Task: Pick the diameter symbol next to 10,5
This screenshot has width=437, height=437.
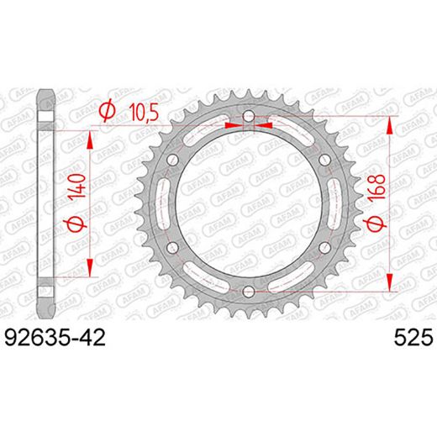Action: click(106, 111)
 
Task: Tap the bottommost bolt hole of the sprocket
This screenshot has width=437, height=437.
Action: click(248, 291)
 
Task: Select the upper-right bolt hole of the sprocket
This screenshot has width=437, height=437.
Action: click(324, 161)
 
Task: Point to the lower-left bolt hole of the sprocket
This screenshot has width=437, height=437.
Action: click(173, 248)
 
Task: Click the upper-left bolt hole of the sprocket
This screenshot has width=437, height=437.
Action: click(173, 161)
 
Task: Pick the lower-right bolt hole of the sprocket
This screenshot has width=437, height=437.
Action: click(324, 248)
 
